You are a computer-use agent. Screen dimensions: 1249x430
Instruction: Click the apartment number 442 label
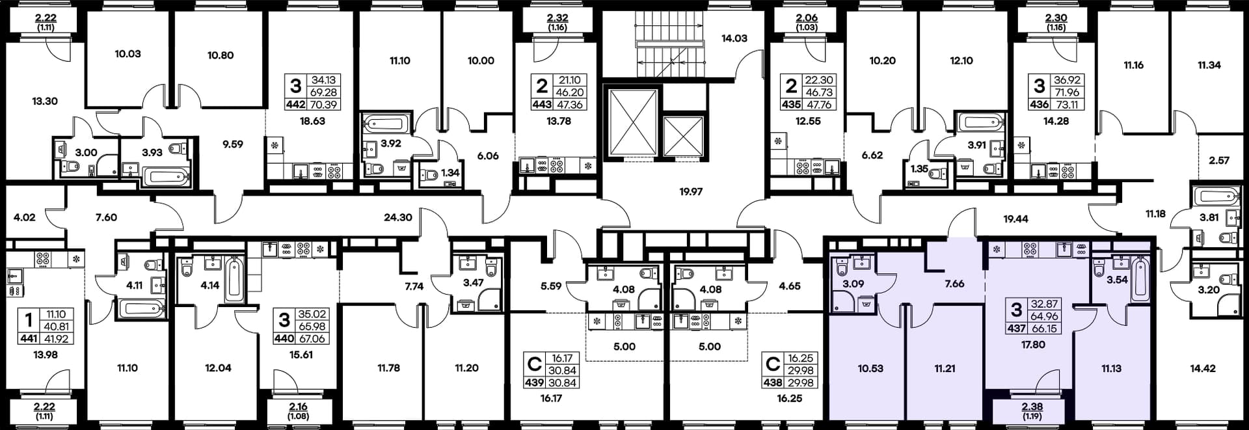click(x=295, y=104)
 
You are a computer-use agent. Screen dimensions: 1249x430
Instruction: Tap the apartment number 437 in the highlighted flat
click(x=1016, y=329)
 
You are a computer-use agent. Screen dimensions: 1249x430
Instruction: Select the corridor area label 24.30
click(x=398, y=217)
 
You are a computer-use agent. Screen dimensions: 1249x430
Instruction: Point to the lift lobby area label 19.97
click(x=691, y=192)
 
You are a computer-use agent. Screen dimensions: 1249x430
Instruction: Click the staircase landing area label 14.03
click(x=734, y=38)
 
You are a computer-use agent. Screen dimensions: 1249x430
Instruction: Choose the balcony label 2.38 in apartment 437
click(x=1032, y=407)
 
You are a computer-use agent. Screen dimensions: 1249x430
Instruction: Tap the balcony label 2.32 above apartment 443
click(x=557, y=19)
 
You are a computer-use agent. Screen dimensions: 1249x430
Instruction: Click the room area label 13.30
click(x=45, y=101)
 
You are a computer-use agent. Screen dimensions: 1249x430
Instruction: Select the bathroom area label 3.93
click(x=152, y=153)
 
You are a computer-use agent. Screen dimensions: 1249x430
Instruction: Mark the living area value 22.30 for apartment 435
click(x=819, y=80)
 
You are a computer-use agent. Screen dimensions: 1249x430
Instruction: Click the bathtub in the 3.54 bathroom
click(x=1140, y=279)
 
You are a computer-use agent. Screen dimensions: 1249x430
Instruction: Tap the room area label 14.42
click(x=1203, y=368)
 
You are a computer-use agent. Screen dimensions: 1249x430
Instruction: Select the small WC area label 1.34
click(x=450, y=173)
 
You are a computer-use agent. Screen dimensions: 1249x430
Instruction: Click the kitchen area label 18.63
click(x=312, y=121)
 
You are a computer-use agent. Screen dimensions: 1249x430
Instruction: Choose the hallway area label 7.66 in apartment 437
click(x=954, y=284)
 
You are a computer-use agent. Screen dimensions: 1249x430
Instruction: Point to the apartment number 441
click(x=29, y=339)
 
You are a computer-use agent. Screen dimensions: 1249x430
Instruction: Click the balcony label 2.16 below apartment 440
click(x=298, y=407)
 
